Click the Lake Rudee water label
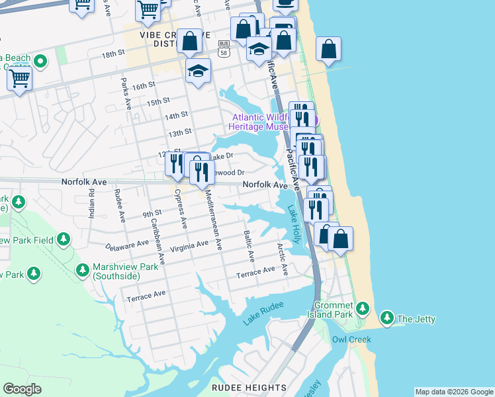(263, 312)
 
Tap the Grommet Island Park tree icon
(362, 308)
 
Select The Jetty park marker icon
(387, 319)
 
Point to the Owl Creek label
(351, 339)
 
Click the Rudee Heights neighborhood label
(249, 388)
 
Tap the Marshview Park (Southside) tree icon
(83, 270)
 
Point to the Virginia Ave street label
(189, 245)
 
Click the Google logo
(22, 389)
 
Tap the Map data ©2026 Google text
(453, 392)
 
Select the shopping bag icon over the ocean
(328, 50)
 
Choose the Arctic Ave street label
(283, 259)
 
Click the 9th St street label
(152, 213)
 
